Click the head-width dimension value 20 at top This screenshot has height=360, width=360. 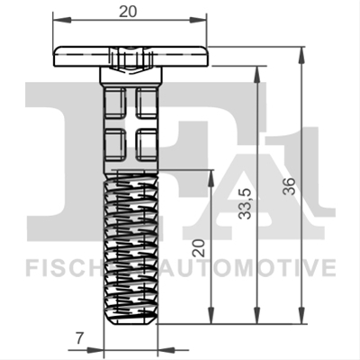point(128,12)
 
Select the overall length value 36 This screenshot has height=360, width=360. point(290,186)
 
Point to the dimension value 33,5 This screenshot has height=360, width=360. point(246,203)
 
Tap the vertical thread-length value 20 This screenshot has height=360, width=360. point(199,248)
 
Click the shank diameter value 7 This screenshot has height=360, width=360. point(78,338)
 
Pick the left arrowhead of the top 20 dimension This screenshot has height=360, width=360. point(62,20)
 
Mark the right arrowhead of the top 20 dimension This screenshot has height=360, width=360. point(198,20)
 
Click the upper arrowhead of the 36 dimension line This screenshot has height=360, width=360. point(301,57)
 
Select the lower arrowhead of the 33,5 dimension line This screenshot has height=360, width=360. point(256,315)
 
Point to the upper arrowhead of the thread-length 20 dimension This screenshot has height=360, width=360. point(211,179)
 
